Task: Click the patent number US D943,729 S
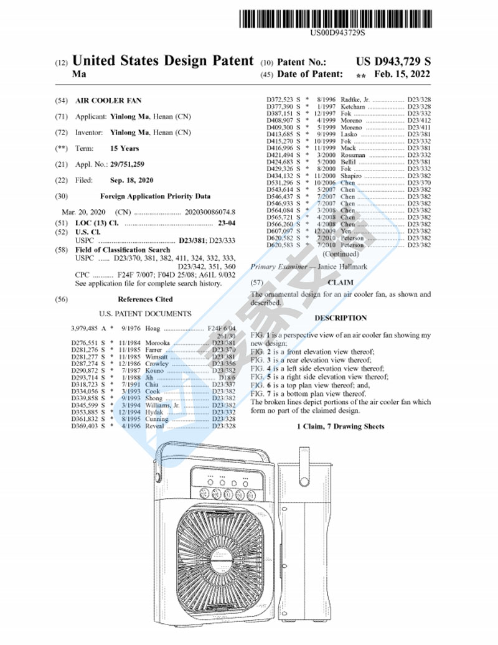click(x=393, y=62)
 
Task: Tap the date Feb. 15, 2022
click(x=402, y=74)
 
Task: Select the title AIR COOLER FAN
click(x=108, y=100)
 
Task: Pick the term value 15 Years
click(x=125, y=148)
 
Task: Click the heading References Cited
click(x=145, y=299)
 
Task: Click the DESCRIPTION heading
click(x=341, y=318)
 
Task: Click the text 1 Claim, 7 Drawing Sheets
click(x=341, y=426)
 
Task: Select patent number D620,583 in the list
click(x=283, y=245)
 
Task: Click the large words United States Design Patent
click(x=163, y=61)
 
